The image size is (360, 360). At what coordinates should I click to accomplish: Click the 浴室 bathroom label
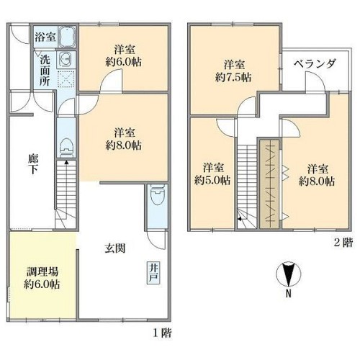45,37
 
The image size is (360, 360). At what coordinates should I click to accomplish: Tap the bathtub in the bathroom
67,37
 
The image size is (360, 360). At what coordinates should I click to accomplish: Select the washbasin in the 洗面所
66,59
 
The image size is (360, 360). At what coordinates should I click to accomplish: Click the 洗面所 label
45,71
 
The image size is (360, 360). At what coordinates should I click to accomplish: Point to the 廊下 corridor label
33,164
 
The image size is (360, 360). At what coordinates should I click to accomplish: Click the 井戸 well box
153,274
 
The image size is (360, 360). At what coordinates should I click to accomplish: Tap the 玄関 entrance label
115,248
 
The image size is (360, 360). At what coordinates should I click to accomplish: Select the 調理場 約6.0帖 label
42,279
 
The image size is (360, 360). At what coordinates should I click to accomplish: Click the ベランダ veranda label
315,63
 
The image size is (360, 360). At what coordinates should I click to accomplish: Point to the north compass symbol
289,274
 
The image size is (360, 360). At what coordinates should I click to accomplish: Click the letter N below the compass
289,294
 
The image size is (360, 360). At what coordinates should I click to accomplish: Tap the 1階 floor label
163,333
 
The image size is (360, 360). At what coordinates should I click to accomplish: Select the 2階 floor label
343,243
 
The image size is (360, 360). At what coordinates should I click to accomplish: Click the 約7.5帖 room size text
233,77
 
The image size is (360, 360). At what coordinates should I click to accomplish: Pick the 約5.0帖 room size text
212,180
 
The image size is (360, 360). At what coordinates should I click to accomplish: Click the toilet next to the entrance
157,194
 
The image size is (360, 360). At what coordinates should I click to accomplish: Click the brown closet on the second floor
269,184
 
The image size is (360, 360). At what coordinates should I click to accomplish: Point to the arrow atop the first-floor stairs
66,163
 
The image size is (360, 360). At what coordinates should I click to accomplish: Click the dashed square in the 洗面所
66,79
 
